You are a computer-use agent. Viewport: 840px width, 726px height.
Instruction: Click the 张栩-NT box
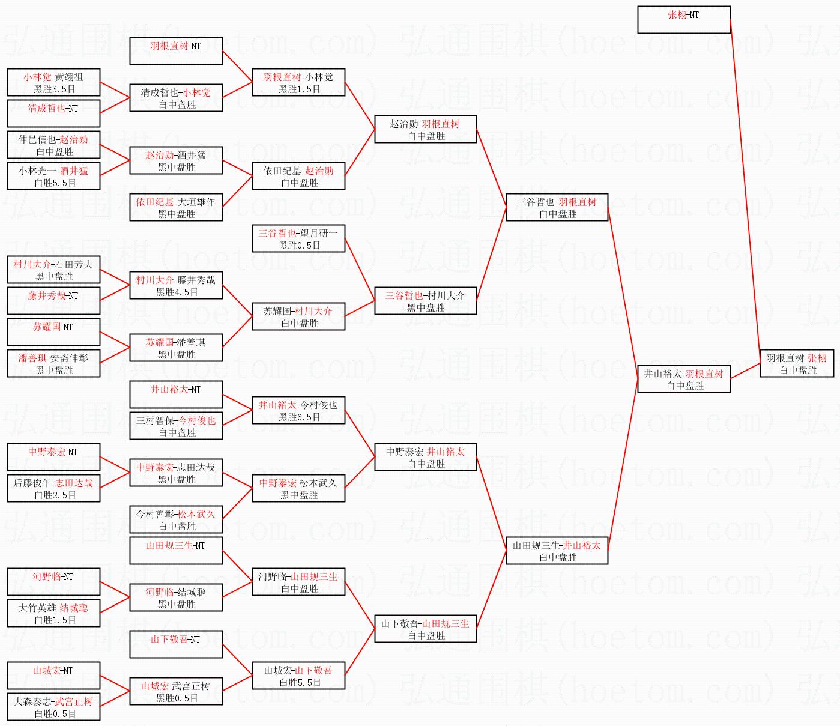pyautogui.click(x=683, y=20)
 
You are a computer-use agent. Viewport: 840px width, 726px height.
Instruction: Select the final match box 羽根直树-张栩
pyautogui.click(x=796, y=364)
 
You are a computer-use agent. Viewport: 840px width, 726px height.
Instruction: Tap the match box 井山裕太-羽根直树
pyautogui.click(x=683, y=380)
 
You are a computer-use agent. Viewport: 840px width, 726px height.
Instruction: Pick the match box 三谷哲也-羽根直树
pyautogui.click(x=557, y=208)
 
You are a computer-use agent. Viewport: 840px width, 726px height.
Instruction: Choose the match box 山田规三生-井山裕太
pyautogui.click(x=557, y=551)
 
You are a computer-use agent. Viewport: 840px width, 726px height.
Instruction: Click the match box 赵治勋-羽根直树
pyautogui.click(x=425, y=130)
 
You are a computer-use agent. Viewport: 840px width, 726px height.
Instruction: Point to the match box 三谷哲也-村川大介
pyautogui.click(x=425, y=301)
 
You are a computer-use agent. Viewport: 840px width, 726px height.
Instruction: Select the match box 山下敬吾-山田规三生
pyautogui.click(x=425, y=629)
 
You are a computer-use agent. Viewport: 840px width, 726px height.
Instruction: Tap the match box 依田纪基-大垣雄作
pyautogui.click(x=176, y=208)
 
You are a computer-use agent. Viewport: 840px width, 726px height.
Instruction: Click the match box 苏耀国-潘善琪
pyautogui.click(x=176, y=348)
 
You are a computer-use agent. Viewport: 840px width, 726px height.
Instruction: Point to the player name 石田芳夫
pyautogui.click(x=74, y=264)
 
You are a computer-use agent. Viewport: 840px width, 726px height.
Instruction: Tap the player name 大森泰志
pyautogui.click(x=32, y=701)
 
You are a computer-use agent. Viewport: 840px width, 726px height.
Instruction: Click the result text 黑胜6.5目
pyautogui.click(x=299, y=417)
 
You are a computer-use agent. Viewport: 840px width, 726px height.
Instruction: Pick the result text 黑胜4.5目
pyautogui.click(x=177, y=292)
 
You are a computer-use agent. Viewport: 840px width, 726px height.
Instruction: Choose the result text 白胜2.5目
pyautogui.click(x=55, y=495)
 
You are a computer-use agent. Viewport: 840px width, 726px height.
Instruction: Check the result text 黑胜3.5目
pyautogui.click(x=55, y=89)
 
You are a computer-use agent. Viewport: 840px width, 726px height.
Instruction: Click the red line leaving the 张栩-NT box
pyautogui.click(x=745, y=180)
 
